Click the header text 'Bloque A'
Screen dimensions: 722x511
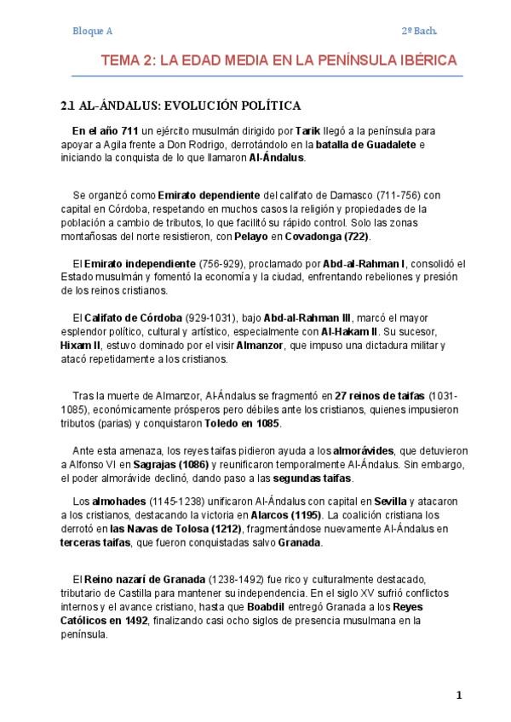click(x=93, y=32)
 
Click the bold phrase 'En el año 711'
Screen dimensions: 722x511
click(x=106, y=132)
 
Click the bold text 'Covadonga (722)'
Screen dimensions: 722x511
click(x=327, y=236)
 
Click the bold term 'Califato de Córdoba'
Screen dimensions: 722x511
click(x=134, y=318)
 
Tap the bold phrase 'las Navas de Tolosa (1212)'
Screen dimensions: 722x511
click(x=178, y=530)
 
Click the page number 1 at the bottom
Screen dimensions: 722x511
click(x=458, y=696)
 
